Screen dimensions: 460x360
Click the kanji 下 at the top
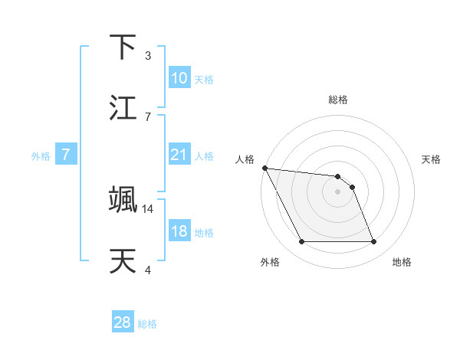[123, 47]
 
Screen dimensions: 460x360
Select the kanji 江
[123, 108]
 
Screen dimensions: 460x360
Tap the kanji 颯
[123, 199]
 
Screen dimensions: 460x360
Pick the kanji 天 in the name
[123, 260]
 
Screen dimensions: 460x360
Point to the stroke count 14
[148, 208]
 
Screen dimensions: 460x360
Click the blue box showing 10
[179, 78]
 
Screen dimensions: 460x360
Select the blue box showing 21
[179, 155]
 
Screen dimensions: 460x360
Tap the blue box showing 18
[179, 231]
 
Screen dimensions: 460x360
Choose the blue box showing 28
[123, 322]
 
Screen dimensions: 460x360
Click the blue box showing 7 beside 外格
[66, 155]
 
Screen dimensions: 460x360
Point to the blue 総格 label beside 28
[147, 324]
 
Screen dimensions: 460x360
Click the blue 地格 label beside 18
[204, 232]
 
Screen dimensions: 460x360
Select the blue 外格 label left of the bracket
[41, 155]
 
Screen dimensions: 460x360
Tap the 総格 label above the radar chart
[337, 100]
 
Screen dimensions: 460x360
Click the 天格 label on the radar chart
[431, 159]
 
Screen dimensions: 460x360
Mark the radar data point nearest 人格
[264, 168]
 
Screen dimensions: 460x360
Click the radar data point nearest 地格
[373, 242]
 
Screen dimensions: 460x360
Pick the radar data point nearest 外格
[301, 242]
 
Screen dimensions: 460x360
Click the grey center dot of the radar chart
[337, 191]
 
